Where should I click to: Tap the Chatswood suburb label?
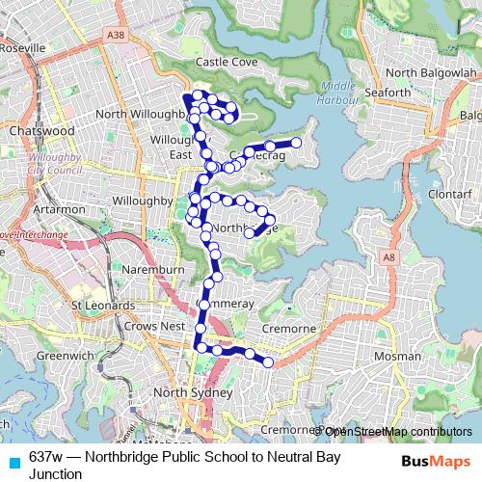coord(40,129)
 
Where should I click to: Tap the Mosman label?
coord(397,356)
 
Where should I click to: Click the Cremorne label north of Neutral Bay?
coord(289,329)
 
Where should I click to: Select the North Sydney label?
coord(194,393)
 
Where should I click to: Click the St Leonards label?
coord(102,306)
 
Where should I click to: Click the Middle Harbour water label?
coord(339,91)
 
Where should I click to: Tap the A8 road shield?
coord(388,258)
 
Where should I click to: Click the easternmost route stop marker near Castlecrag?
coord(297,143)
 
